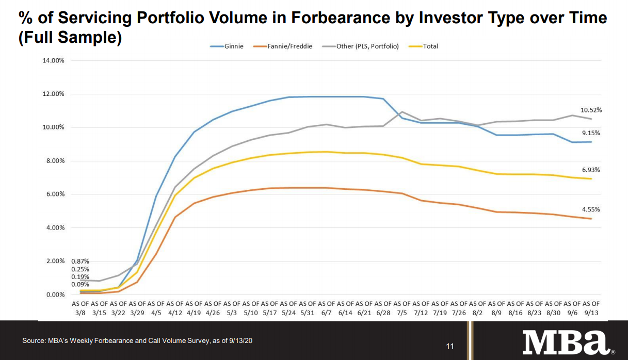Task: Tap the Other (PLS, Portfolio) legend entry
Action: [x=361, y=46]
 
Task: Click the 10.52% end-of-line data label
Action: [x=591, y=110]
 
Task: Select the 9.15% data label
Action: [x=591, y=133]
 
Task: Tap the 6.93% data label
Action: [x=591, y=170]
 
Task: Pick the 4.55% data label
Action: [x=591, y=209]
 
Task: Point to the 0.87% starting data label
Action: [x=80, y=261]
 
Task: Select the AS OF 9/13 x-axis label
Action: [x=591, y=307]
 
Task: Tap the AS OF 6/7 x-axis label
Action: [x=326, y=307]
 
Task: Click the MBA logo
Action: [x=565, y=342]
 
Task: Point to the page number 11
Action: [x=450, y=346]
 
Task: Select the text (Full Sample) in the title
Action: [x=70, y=38]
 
